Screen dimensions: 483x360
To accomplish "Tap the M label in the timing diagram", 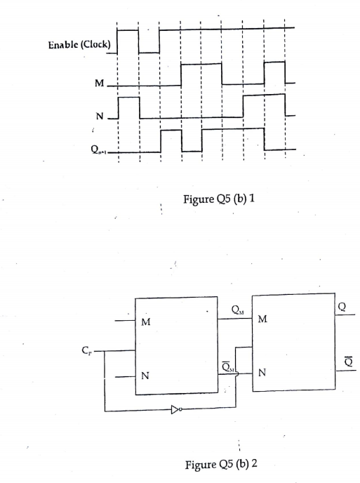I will point(99,84).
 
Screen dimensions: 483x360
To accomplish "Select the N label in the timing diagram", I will point(99,116).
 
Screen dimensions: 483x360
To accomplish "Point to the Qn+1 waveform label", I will point(99,150).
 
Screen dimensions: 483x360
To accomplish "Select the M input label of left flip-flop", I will point(145,323).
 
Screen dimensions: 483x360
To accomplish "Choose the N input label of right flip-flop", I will point(262,371).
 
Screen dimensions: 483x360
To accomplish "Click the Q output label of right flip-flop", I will point(341,305).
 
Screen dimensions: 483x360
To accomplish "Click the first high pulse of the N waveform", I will point(128,107).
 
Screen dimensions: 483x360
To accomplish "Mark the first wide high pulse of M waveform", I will point(201,74).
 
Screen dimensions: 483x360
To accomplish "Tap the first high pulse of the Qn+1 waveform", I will point(171,140).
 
